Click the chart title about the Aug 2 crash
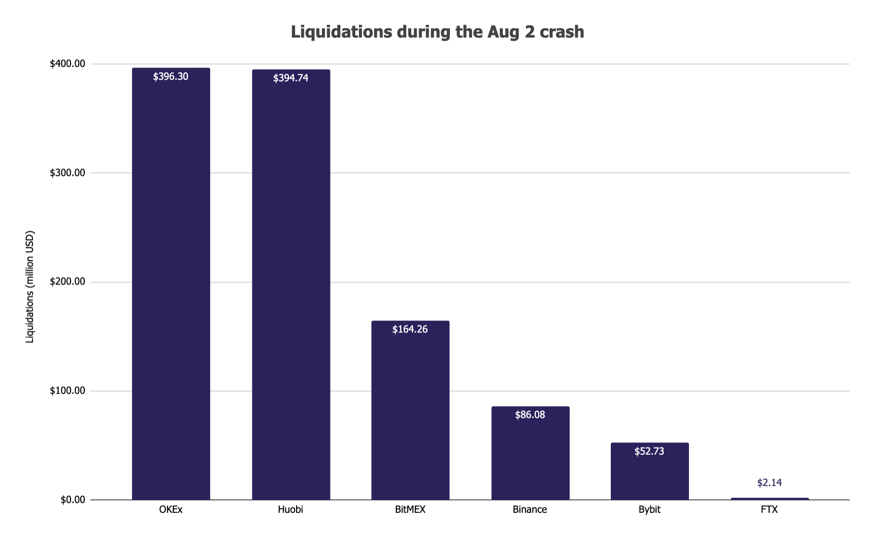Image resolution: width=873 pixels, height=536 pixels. point(437,32)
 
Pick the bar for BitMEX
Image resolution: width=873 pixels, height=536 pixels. point(410,412)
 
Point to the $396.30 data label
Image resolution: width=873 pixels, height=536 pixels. point(171,77)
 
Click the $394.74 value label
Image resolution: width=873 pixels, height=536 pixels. point(290,78)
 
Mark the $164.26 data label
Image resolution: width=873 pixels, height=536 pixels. point(410,329)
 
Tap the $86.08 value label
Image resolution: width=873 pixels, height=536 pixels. point(530,415)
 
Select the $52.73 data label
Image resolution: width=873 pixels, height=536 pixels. point(649,451)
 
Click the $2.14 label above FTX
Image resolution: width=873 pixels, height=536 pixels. point(769,483)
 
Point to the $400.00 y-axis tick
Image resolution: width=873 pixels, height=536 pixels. point(67,64)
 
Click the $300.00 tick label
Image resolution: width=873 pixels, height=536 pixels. point(67,173)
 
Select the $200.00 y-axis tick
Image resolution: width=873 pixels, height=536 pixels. point(67,282)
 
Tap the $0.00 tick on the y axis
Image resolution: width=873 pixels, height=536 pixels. point(72,500)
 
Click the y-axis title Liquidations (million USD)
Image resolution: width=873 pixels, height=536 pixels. point(30,287)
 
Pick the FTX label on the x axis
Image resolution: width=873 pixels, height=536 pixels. point(769,510)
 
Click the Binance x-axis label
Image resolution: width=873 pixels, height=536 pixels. point(530,510)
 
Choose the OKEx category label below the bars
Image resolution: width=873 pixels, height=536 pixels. point(171,510)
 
